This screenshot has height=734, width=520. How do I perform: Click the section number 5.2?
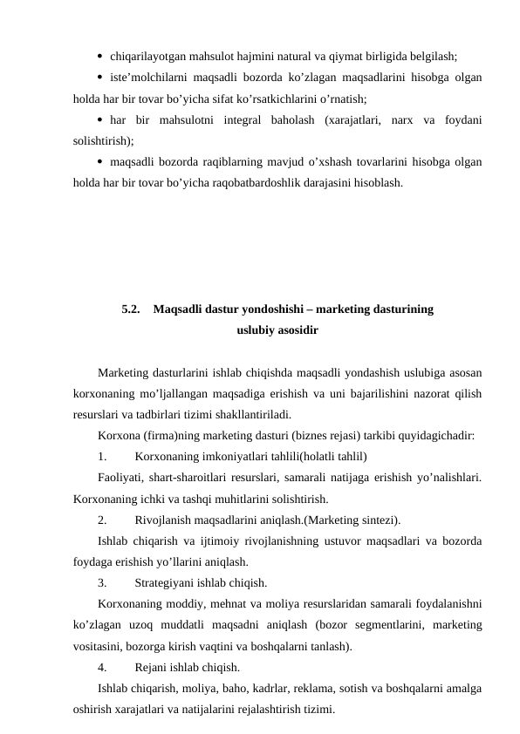tap(133, 309)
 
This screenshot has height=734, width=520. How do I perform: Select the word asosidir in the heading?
tap(295, 330)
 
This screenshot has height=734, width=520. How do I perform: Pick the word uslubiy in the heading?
tap(254, 330)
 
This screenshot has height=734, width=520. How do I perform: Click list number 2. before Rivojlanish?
tap(104, 520)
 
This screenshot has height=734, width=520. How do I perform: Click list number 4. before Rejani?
tap(104, 668)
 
